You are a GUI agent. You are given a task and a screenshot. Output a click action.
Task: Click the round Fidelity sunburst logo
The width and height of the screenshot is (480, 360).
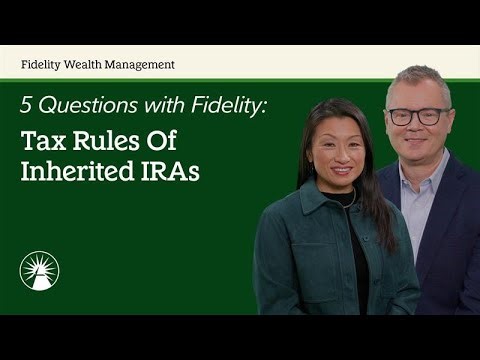pos(40,271)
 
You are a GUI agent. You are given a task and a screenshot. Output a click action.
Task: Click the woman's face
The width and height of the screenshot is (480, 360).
pos(338,150)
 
